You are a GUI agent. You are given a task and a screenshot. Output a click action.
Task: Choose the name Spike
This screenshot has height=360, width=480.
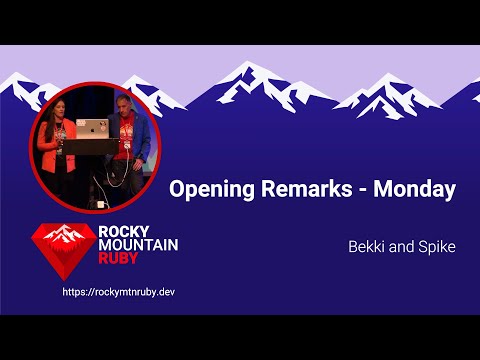(x=435, y=245)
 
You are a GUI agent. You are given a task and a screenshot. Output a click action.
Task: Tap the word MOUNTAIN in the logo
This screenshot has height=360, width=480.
(x=139, y=245)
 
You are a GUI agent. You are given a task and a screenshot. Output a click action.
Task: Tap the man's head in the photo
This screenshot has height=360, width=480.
(x=122, y=105)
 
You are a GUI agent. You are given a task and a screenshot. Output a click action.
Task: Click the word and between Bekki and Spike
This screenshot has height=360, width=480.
(x=401, y=245)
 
